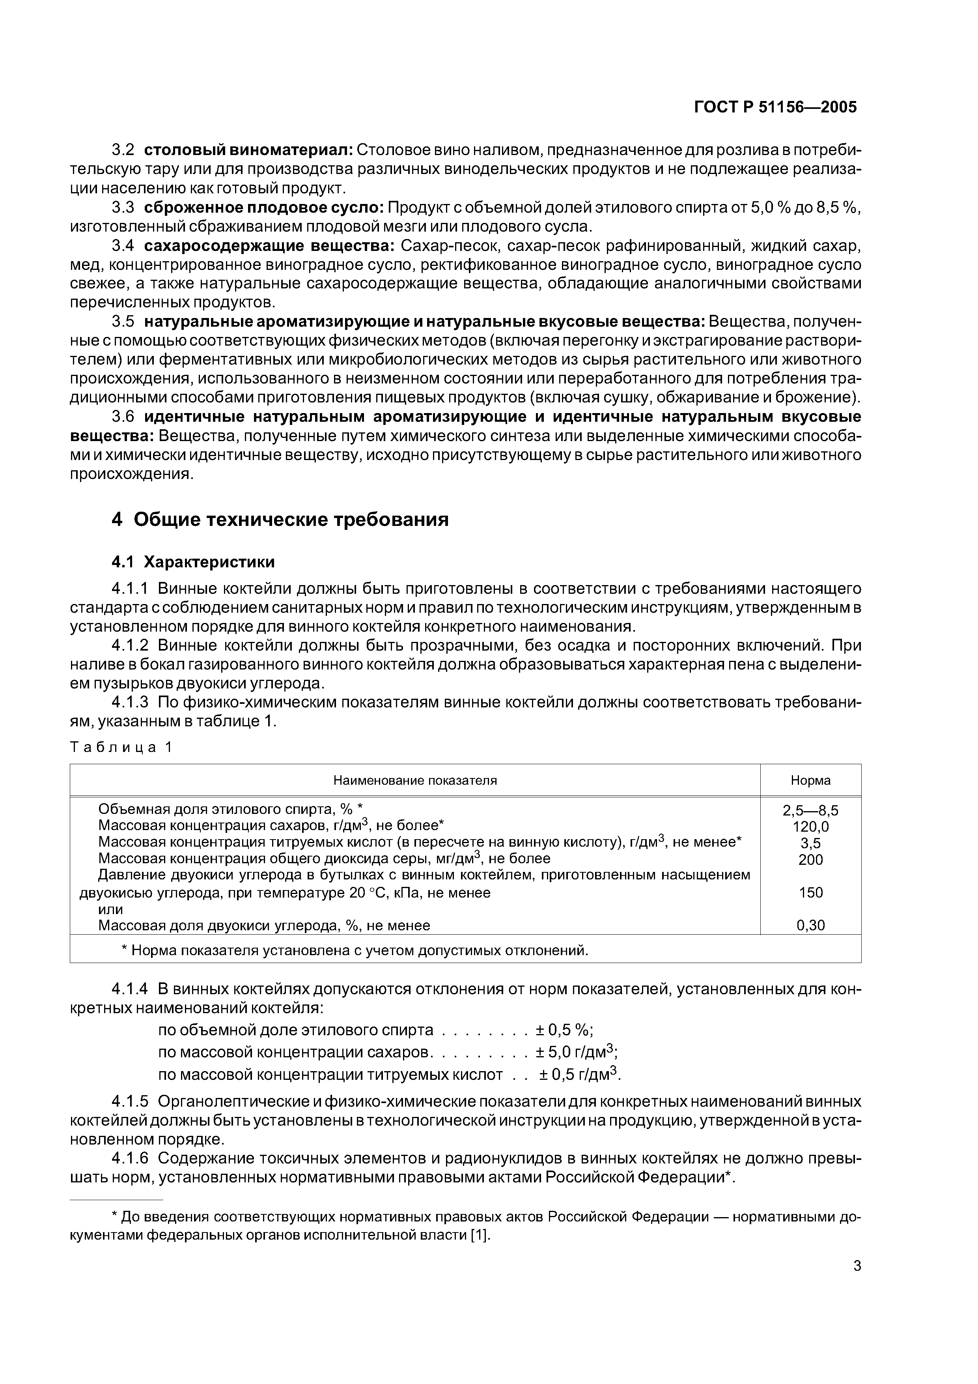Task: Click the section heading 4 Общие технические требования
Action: [x=280, y=520]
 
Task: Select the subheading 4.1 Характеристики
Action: [x=193, y=562]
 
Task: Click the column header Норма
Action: [x=810, y=781]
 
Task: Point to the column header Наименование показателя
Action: [x=415, y=781]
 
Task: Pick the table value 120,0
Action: [x=810, y=827]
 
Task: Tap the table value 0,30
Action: [x=810, y=925]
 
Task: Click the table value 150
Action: [x=810, y=893]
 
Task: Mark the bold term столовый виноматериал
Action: [x=248, y=150]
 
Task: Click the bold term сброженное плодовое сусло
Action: [x=263, y=208]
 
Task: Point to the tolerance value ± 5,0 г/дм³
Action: [x=577, y=1053]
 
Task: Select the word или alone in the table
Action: [x=110, y=909]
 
